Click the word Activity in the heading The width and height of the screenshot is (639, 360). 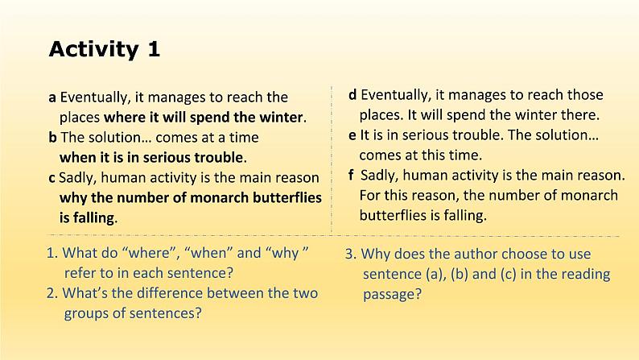(x=93, y=49)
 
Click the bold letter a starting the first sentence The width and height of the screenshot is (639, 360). (x=52, y=97)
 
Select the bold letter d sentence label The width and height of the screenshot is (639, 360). (x=352, y=95)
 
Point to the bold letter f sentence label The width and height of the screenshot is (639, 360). (x=352, y=175)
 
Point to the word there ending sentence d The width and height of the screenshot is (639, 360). (x=579, y=115)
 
